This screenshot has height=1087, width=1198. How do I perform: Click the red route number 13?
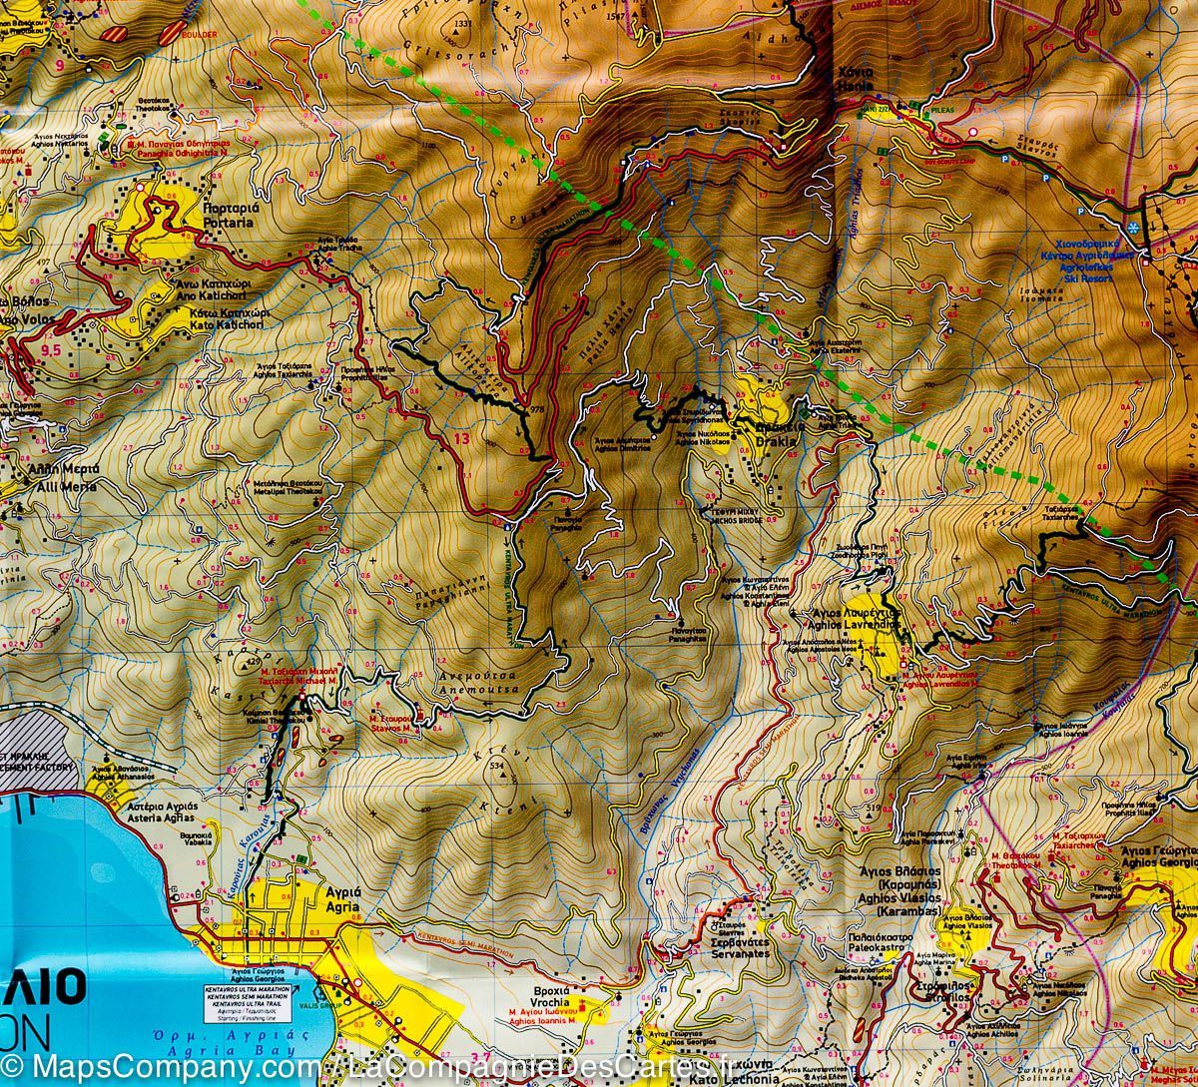pos(460,439)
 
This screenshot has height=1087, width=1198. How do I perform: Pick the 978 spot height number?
pos(539,411)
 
